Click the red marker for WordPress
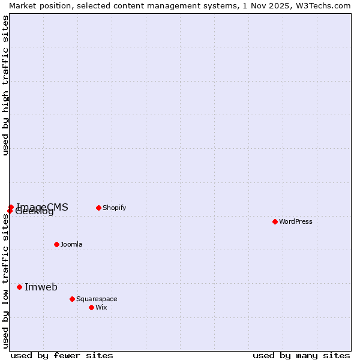click(275, 221)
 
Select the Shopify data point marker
click(98, 208)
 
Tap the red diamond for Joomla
click(56, 244)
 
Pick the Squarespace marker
click(72, 299)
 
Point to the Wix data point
click(91, 307)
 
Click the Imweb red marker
click(19, 287)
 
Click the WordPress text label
click(296, 221)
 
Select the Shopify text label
click(114, 208)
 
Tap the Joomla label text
click(71, 244)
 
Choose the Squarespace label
click(97, 299)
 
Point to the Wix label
click(101, 307)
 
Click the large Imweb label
click(41, 287)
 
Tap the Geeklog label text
click(35, 212)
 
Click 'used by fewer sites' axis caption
click(62, 355)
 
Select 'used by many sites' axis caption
click(301, 355)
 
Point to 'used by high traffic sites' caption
click(5, 85)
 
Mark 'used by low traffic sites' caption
click(5, 281)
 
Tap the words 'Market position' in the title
click(38, 5)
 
